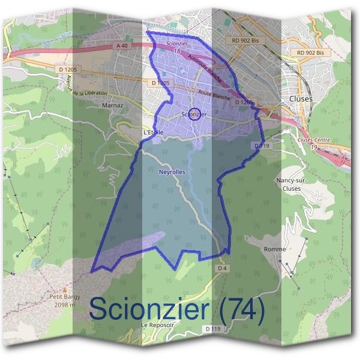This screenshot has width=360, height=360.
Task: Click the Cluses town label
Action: tap(301, 98)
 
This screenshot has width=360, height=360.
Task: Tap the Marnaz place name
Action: tap(112, 105)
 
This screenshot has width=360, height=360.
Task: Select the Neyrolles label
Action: tap(172, 172)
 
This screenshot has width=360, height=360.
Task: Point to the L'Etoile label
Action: tap(154, 132)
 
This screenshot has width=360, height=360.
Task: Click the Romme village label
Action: tap(275, 248)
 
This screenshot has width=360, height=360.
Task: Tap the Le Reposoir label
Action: tap(152, 325)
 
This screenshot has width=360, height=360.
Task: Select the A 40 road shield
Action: tap(122, 46)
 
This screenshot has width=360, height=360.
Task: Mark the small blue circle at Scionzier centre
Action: tap(194, 114)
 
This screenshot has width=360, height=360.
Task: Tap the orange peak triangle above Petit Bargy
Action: tap(65, 290)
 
